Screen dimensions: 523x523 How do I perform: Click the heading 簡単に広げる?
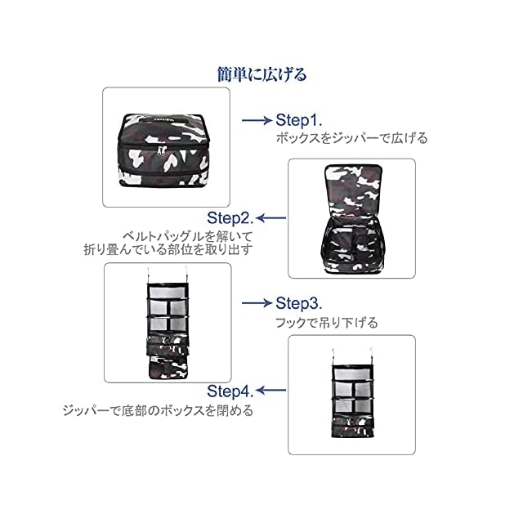261,75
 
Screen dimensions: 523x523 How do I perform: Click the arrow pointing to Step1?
257,120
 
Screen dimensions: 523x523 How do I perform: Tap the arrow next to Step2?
271,218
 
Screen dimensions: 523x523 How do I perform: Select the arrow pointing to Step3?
257,302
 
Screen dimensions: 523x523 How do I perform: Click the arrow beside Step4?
271,390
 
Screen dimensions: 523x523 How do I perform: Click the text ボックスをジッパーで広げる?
351,138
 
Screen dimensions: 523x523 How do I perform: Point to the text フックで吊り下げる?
327,323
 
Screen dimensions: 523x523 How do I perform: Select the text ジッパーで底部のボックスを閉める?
159,410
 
